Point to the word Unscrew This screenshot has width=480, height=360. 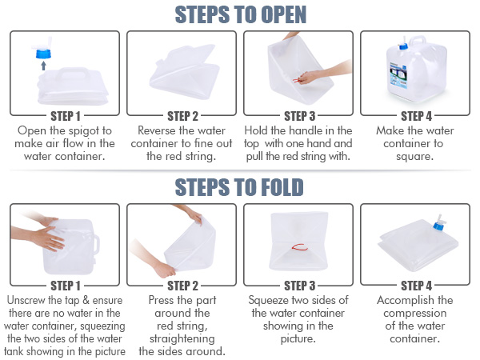[29, 301]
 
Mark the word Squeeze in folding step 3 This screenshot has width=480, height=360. [280, 301]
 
